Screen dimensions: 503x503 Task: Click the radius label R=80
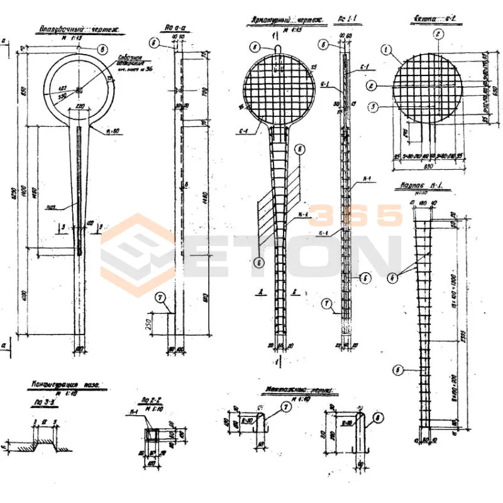pyautogui.click(x=113, y=131)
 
